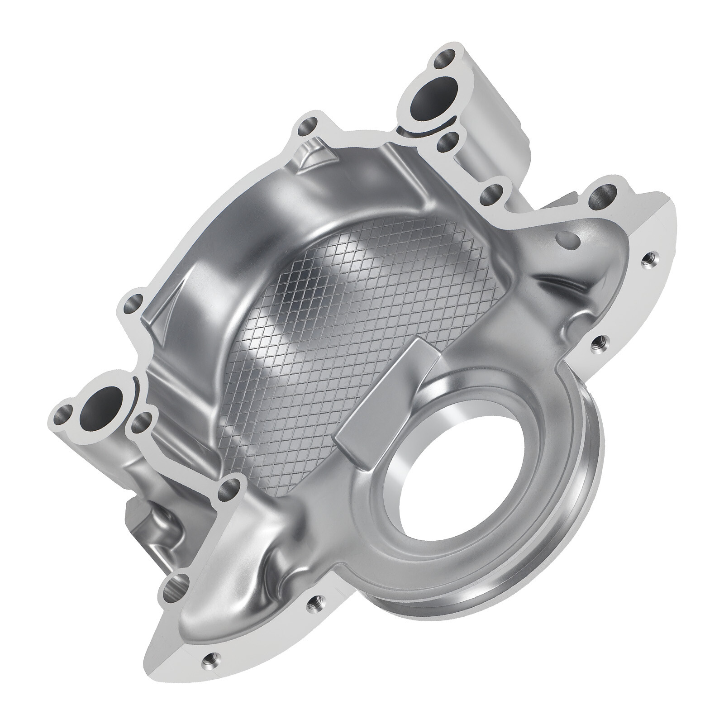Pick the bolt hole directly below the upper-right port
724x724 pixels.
click(448, 143)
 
